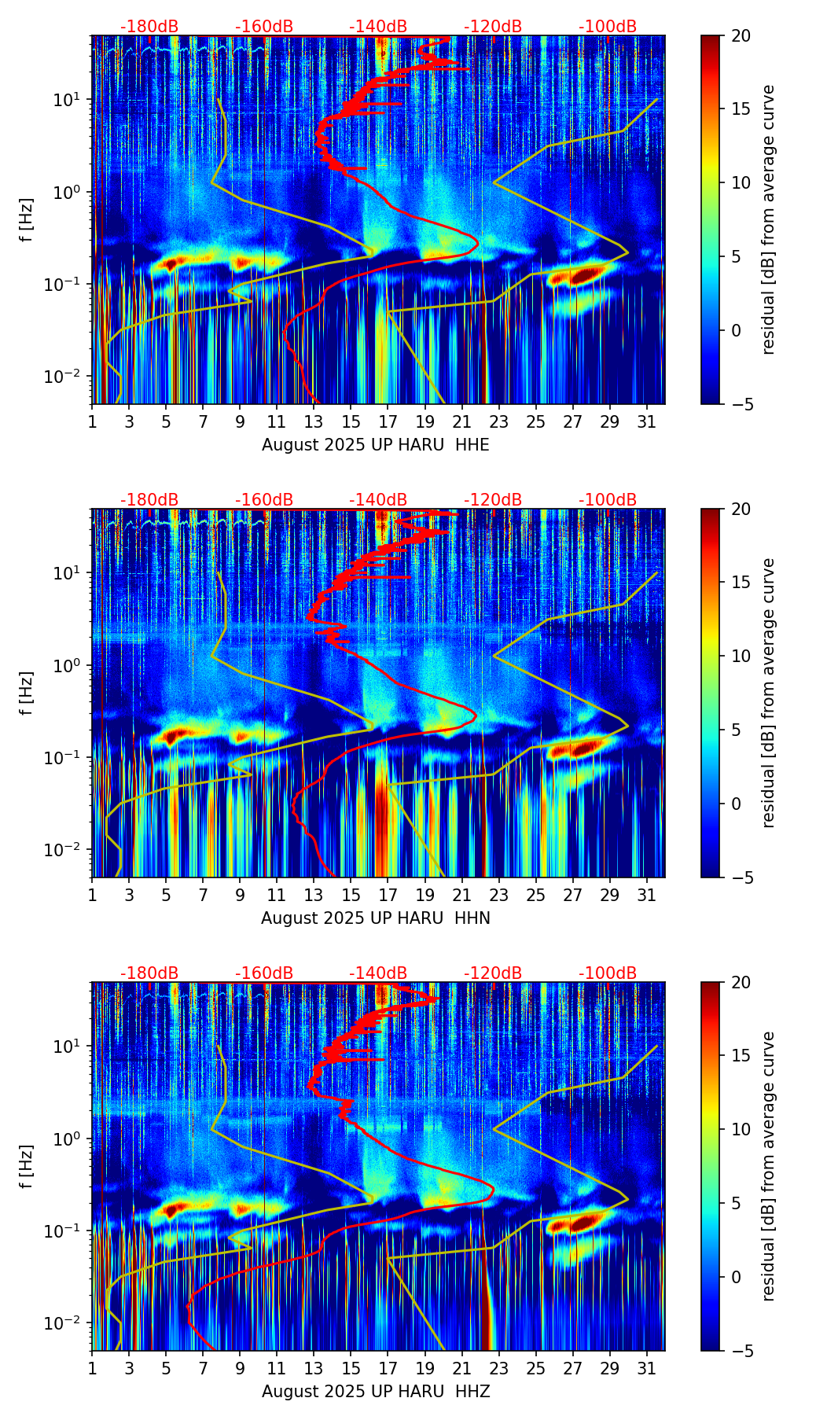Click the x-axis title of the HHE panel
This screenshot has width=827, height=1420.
[375, 445]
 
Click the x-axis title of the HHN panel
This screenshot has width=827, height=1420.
[375, 918]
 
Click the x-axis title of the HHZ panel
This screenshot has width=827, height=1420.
[375, 1392]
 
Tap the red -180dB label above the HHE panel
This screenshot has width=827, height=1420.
[149, 27]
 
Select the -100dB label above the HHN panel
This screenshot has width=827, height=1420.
[608, 500]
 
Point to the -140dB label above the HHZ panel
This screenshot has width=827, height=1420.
[378, 973]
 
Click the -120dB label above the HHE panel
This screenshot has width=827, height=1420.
[493, 27]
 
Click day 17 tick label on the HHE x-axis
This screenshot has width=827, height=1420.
[388, 421]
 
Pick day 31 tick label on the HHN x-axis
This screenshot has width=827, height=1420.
[646, 894]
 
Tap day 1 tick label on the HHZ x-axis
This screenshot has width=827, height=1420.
[92, 1367]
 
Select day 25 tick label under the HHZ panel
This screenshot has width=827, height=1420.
[535, 1367]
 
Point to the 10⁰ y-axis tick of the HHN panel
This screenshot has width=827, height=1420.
[72, 665]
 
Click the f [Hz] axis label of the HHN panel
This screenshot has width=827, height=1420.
[26, 693]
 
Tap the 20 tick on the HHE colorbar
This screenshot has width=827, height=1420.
[741, 35]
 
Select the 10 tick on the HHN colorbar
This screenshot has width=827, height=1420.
[741, 656]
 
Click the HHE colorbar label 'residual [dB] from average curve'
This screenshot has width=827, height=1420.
[768, 219]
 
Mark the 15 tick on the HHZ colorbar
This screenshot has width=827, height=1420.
[741, 1056]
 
